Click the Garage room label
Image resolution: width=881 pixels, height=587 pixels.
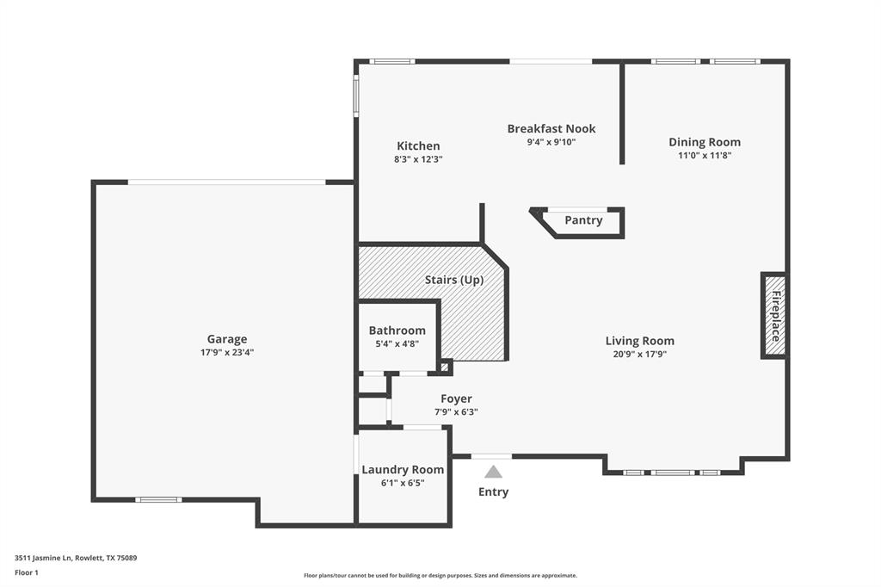(x=226, y=339)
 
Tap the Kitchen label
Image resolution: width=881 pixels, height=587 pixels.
(x=418, y=146)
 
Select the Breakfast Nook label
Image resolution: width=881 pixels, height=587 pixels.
(x=551, y=129)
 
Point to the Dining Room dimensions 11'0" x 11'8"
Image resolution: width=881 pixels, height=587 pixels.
(x=705, y=156)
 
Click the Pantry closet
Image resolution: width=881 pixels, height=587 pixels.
(x=583, y=220)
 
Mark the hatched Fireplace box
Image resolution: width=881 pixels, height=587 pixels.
(x=774, y=315)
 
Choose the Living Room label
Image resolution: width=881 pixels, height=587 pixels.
(x=639, y=341)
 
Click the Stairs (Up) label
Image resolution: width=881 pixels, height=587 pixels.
(x=454, y=280)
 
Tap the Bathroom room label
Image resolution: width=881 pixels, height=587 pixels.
(x=397, y=331)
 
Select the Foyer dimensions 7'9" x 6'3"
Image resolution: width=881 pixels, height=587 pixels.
(x=456, y=412)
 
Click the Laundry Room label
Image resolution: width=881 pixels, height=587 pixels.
(x=403, y=469)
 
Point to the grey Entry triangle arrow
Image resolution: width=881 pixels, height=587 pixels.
(x=493, y=472)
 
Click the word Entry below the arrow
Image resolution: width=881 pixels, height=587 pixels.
(x=493, y=492)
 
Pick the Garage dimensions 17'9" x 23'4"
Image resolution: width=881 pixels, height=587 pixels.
(x=226, y=352)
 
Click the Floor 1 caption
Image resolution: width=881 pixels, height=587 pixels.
(x=27, y=572)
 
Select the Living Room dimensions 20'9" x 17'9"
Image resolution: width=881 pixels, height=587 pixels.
(x=639, y=354)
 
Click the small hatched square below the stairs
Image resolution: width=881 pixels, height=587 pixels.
(x=444, y=368)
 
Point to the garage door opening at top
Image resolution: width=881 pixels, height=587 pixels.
(x=226, y=182)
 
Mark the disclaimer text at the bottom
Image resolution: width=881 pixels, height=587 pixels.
(x=440, y=576)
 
